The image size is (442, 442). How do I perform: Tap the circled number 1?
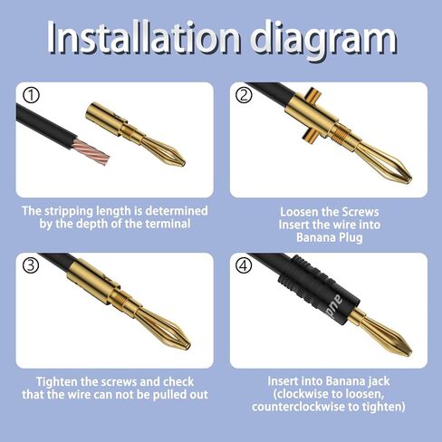pos(31,94)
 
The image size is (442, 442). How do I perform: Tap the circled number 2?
pos(244,94)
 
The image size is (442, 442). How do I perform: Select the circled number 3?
pos(31,265)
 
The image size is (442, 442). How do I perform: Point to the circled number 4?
pos(244,265)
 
